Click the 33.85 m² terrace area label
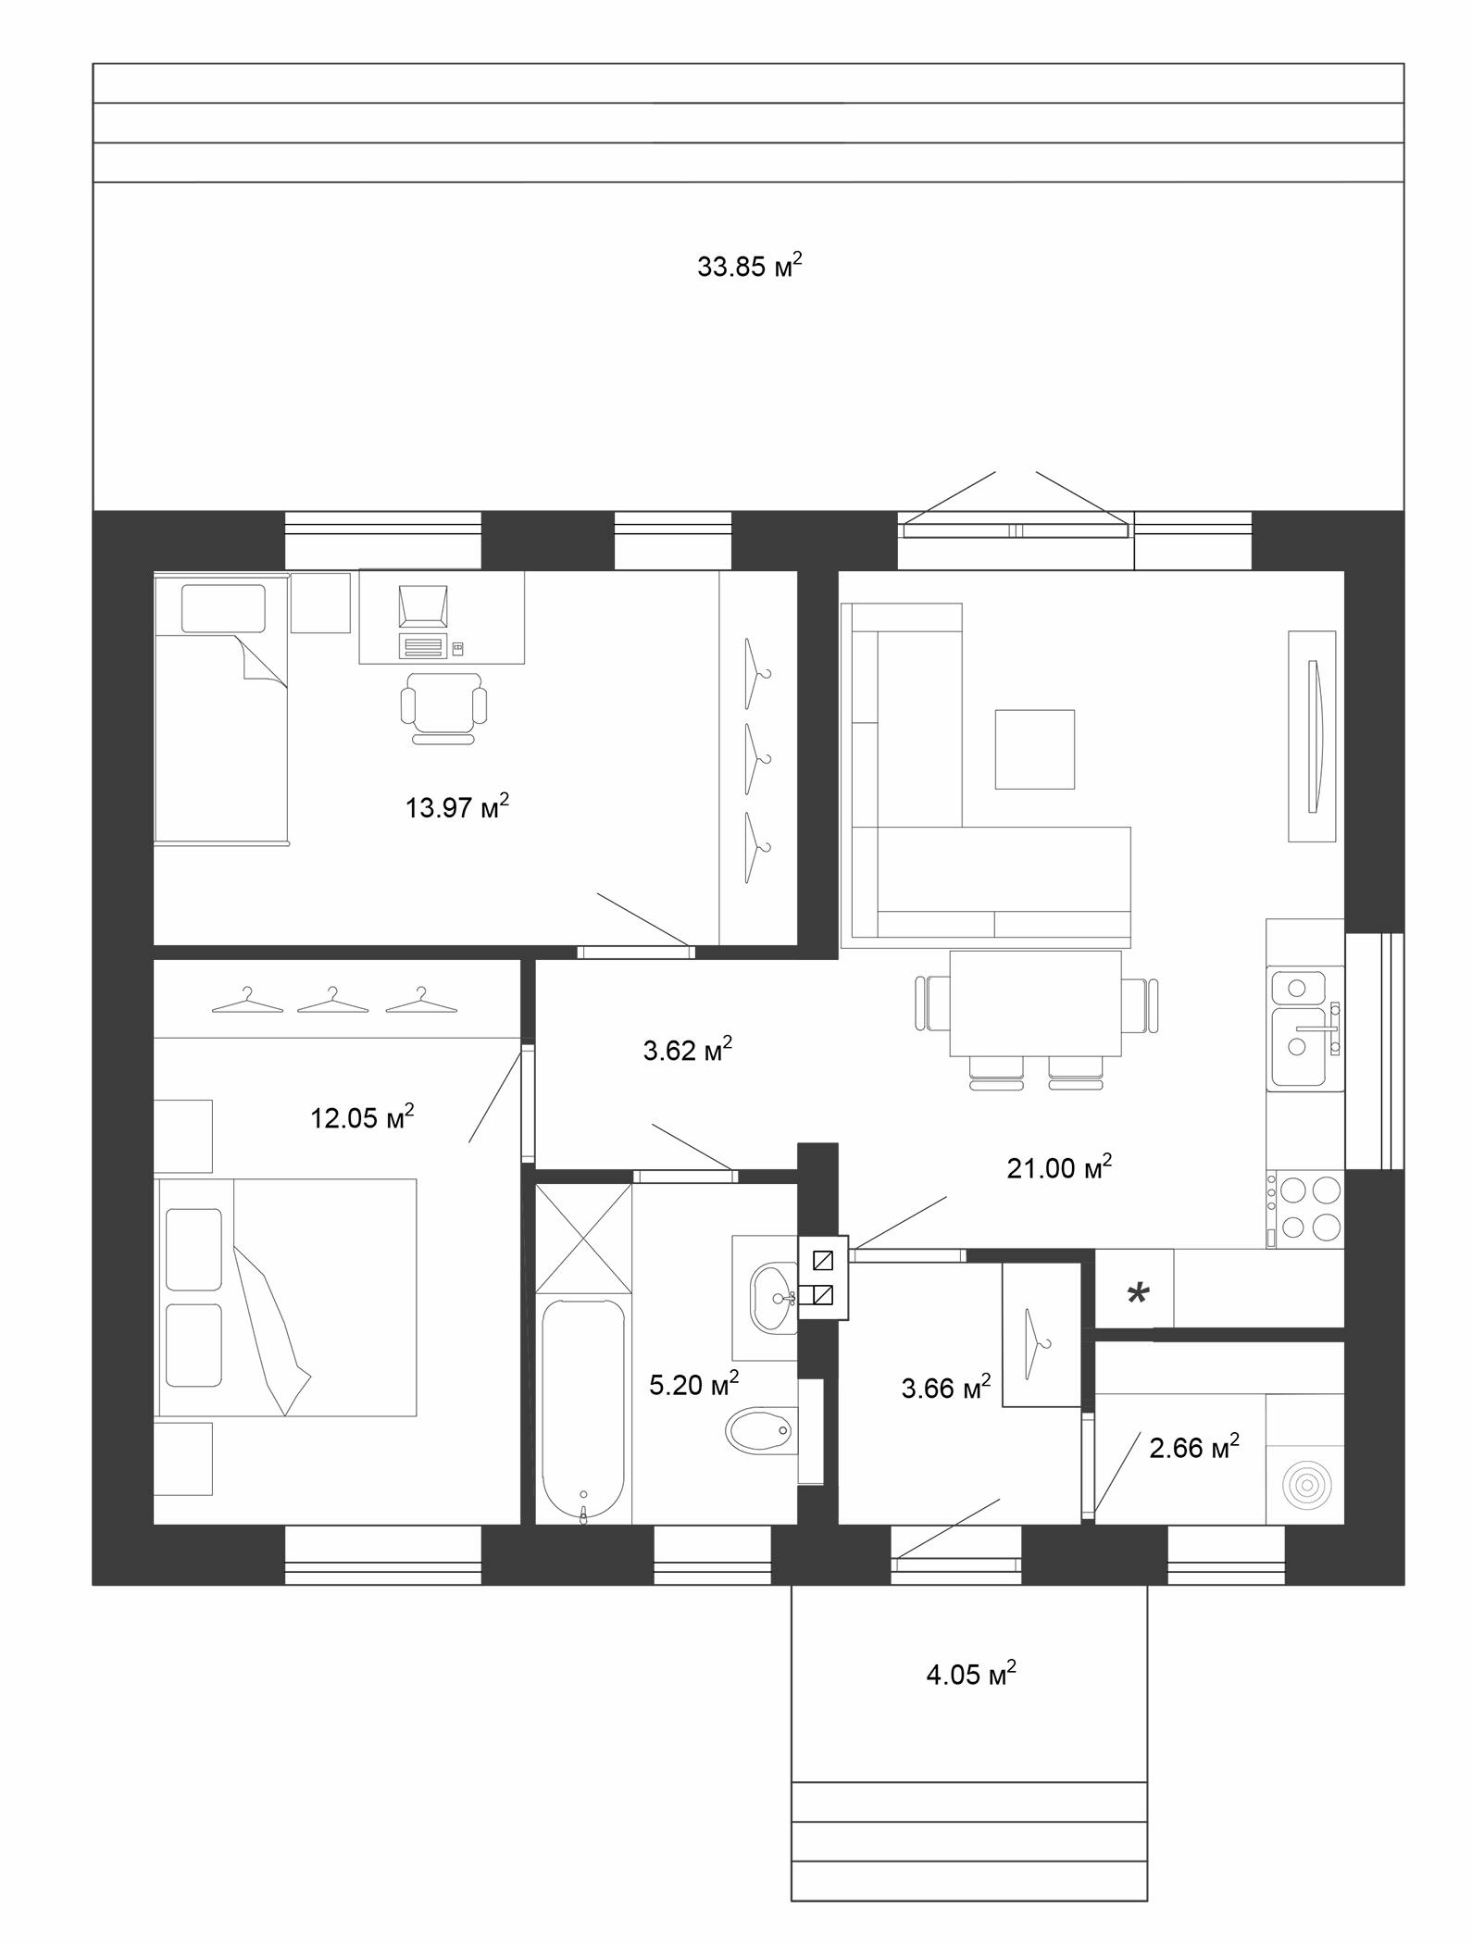tap(749, 266)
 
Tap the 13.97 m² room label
tap(457, 806)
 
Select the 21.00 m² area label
tap(1059, 1167)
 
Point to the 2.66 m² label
tap(1194, 1447)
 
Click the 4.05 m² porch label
tap(971, 1674)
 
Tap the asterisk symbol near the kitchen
tap(1138, 1294)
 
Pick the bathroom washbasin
tap(774, 1299)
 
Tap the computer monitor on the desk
tap(423, 606)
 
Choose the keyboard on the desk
tap(423, 645)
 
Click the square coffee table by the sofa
tap(1035, 750)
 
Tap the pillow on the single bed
tap(223, 609)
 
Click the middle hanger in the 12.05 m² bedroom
tap(332, 1000)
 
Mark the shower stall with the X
tap(584, 1239)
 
